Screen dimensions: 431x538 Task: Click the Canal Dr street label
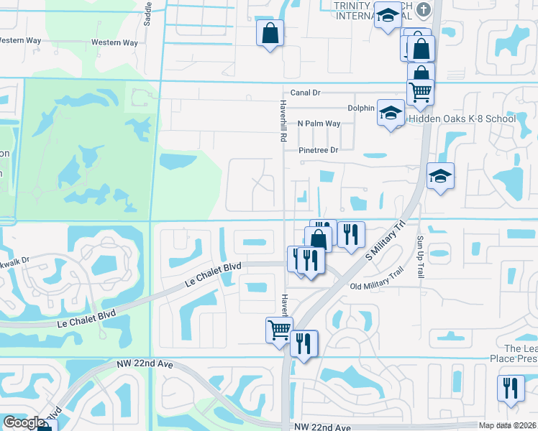coord(305,93)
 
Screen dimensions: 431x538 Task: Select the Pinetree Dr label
coord(319,150)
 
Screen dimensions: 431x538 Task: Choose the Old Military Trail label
coord(378,287)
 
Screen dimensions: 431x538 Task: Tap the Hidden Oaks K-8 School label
coord(462,119)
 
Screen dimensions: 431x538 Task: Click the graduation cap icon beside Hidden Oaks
coord(391,113)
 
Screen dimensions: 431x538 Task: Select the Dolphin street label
coord(360,108)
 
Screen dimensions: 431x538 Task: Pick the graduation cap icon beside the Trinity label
coord(388,15)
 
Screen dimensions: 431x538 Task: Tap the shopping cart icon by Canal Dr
coord(420,91)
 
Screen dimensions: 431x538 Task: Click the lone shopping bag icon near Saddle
coord(270,32)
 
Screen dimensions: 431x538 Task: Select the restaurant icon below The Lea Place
coord(511,388)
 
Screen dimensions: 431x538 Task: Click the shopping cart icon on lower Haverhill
coord(279,330)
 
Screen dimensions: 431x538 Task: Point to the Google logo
coord(24,422)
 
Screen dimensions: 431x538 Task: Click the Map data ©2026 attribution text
coord(506,425)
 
